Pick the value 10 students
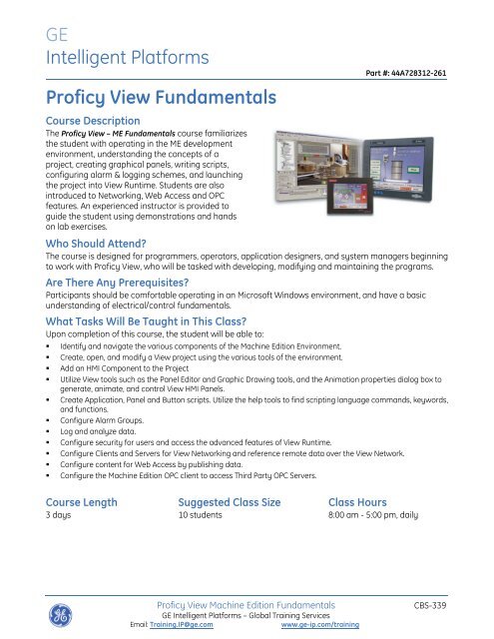click(x=207, y=518)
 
